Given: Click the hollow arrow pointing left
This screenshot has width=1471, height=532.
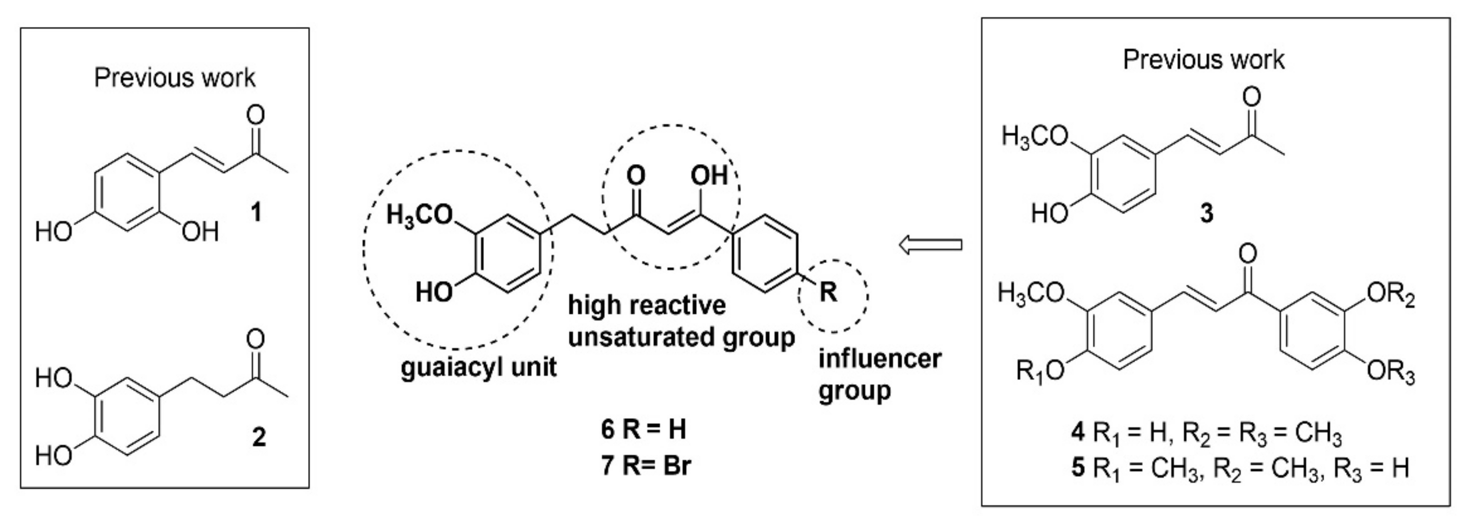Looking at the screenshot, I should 930,245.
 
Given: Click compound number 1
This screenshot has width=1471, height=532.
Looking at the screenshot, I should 257,213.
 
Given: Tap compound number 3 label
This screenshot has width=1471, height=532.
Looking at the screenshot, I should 1207,214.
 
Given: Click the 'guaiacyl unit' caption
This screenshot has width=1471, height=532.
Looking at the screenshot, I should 478,367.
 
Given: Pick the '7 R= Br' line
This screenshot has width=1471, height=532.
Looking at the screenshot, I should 645,466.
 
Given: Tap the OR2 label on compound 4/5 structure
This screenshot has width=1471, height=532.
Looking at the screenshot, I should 1390,296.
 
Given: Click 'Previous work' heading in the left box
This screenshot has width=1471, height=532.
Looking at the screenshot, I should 174,78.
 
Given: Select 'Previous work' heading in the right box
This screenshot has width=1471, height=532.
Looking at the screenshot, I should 1203,60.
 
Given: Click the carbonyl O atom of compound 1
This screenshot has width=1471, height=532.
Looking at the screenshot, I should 255,115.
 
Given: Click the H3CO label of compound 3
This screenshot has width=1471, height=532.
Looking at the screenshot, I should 1035,138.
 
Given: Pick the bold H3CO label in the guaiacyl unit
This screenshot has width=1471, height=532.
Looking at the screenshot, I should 420,216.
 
